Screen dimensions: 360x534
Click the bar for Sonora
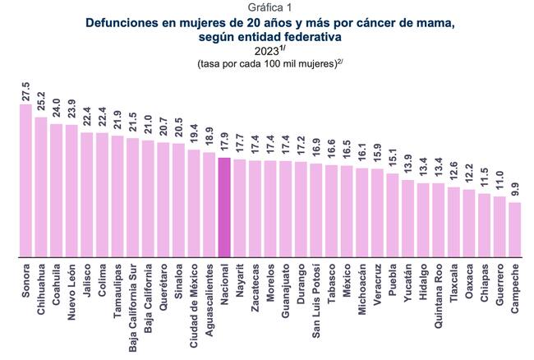coord(25,181)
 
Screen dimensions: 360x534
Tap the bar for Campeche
coord(515,229)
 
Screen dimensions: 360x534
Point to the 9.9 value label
coord(515,188)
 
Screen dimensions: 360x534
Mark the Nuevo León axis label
coord(71,287)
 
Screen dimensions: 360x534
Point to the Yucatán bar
coord(408,218)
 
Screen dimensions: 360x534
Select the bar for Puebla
coord(393,215)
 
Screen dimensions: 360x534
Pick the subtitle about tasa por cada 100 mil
coord(268,64)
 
